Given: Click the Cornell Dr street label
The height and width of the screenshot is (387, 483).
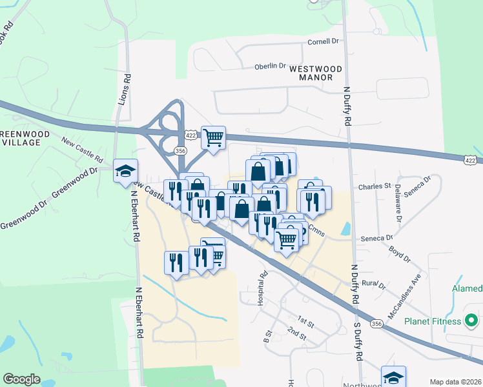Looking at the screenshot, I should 323,41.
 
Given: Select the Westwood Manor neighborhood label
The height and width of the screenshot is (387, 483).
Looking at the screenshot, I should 311,72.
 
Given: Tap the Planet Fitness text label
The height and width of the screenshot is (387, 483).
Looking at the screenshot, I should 433,321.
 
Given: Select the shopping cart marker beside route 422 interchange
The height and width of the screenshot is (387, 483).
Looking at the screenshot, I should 213,137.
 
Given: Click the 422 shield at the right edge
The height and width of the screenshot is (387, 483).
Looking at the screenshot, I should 473,159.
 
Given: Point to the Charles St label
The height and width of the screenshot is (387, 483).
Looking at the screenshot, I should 375,186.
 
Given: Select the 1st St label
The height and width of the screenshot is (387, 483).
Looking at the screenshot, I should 305,320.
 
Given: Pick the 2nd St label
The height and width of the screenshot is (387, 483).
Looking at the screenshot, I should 297,332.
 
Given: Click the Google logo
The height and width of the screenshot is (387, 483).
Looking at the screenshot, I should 21,379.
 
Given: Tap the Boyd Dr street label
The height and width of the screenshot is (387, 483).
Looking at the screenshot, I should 399,253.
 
